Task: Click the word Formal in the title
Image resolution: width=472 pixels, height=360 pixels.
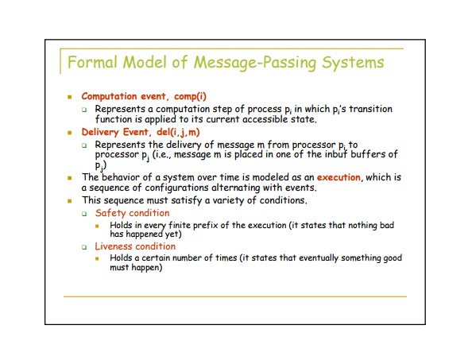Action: pyautogui.click(x=92, y=62)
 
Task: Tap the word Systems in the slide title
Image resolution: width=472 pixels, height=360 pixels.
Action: pyautogui.click(x=353, y=63)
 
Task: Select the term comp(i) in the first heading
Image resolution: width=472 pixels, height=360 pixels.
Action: pyautogui.click(x=190, y=97)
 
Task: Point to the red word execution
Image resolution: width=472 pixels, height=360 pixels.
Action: pyautogui.click(x=339, y=177)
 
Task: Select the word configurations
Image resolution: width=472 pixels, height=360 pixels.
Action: pyautogui.click(x=176, y=188)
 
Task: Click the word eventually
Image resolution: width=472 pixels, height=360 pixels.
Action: pyautogui.click(x=319, y=258)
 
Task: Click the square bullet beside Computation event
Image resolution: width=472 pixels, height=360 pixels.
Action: pyautogui.click(x=70, y=97)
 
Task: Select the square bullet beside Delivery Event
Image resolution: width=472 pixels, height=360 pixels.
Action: pyautogui.click(x=70, y=133)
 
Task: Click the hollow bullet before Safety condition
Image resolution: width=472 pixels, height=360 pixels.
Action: pyautogui.click(x=84, y=214)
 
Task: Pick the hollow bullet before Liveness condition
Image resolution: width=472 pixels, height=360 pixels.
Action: pyautogui.click(x=84, y=247)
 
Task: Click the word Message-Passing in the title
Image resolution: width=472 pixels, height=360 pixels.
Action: pyautogui.click(x=255, y=63)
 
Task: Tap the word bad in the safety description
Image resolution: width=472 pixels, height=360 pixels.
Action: pyautogui.click(x=387, y=225)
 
